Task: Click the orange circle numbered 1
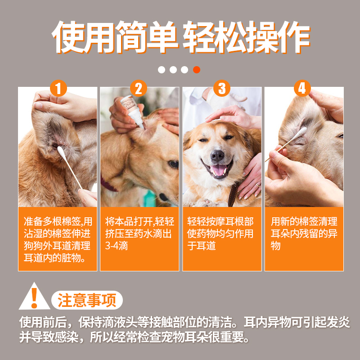tap(58, 88)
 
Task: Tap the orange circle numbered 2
tap(139, 88)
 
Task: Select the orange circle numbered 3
tap(222, 88)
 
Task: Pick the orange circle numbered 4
tap(302, 88)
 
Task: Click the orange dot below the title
tap(197, 70)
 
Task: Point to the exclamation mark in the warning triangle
tap(35, 298)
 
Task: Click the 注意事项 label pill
tap(87, 300)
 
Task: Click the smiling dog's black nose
tap(217, 155)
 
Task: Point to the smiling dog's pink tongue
tap(218, 170)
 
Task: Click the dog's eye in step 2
tap(173, 164)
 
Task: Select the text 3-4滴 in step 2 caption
tap(117, 246)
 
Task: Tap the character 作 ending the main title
tap(294, 37)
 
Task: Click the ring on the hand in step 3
tap(258, 185)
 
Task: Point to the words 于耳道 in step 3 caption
tap(202, 246)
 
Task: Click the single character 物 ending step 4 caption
tap(275, 246)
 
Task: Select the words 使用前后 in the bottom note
tap(43, 322)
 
